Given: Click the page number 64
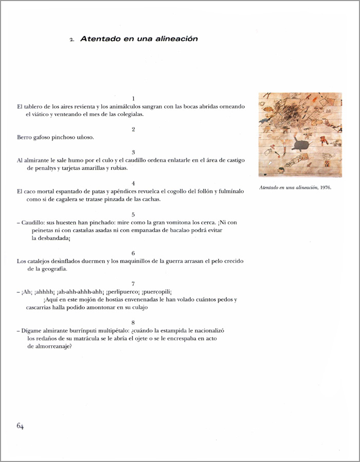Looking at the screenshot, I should (x=21, y=425).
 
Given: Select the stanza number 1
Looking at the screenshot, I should (x=133, y=98).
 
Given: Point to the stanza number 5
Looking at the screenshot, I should (x=133, y=215).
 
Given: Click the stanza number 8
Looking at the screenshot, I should (x=133, y=322).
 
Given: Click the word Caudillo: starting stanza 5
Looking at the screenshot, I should (x=34, y=223).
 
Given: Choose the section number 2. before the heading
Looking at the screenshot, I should (x=73, y=39).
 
